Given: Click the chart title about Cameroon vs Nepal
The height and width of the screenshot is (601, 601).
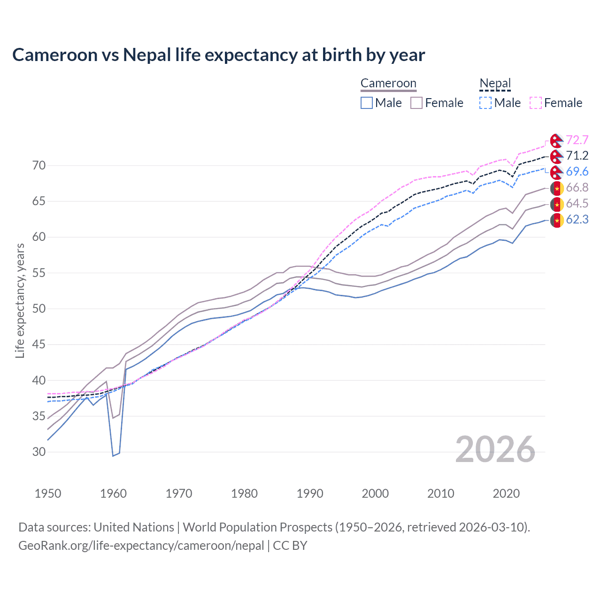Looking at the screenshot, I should (218, 55).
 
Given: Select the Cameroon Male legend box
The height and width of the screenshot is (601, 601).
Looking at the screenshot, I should (367, 103).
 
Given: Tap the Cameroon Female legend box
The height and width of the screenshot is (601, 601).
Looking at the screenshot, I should (416, 103).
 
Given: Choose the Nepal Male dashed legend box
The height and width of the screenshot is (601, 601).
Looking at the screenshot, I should (485, 103).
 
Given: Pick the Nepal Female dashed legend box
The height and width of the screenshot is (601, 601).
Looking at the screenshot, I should (536, 103).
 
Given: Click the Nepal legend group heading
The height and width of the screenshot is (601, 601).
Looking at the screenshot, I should (495, 84).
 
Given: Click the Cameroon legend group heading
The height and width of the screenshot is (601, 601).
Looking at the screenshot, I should (388, 84).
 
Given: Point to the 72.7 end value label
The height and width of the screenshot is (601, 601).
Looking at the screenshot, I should (577, 140).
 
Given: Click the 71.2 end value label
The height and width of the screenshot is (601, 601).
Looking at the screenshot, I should (577, 156).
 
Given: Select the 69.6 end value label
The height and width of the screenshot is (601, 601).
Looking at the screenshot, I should (577, 172).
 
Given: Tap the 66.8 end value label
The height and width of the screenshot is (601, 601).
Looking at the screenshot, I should (577, 188).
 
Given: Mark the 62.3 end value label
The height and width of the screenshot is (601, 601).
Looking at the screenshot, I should (577, 219).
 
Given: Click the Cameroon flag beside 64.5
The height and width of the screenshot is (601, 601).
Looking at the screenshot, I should (556, 204).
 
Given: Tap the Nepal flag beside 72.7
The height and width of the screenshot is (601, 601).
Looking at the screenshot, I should (556, 140).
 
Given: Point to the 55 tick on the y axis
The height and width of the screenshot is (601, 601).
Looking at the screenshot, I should (39, 273).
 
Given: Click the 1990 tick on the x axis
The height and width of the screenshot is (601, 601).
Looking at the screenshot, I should (310, 493).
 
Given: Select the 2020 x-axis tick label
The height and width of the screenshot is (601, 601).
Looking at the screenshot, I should (506, 493).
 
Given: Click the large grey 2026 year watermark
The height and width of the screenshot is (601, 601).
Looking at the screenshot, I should (495, 449).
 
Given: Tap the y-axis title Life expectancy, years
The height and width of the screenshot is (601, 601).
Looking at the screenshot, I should (20, 300).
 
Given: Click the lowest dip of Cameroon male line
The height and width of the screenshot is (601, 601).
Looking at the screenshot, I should (113, 455).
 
